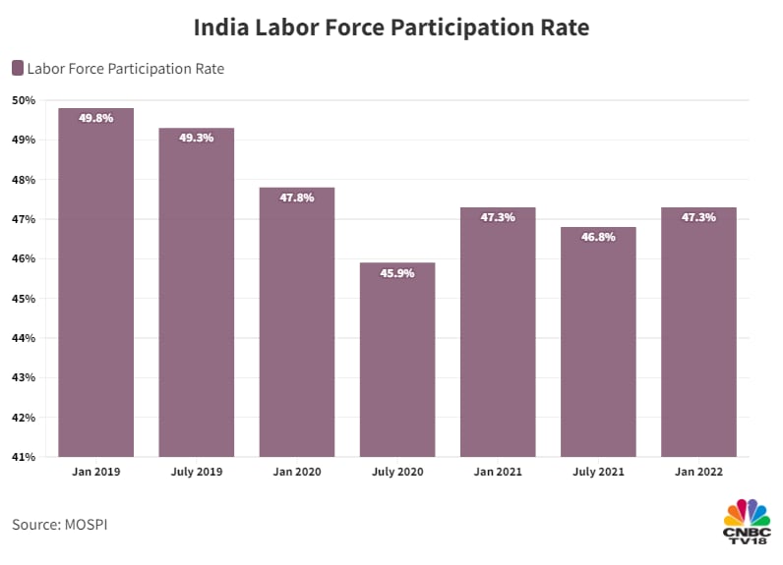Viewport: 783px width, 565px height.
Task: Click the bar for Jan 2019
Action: click(x=96, y=285)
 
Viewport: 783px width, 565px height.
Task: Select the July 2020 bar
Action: click(x=397, y=364)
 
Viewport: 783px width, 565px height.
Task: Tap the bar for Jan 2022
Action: click(x=698, y=334)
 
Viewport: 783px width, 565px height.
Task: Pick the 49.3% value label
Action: click(x=197, y=139)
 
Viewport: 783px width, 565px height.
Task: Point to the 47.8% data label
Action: click(x=297, y=198)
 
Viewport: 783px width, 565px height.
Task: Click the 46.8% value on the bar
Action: click(x=598, y=237)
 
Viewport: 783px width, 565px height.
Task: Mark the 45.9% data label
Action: click(x=397, y=273)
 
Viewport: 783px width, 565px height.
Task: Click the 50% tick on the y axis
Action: click(x=24, y=100)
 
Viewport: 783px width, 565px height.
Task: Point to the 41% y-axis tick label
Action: click(x=24, y=457)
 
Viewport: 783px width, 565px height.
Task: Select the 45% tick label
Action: click(x=24, y=299)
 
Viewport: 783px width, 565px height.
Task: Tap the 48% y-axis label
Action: click(x=24, y=180)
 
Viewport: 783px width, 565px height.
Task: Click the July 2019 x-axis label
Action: click(x=197, y=473)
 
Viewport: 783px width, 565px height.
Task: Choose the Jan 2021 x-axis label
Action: click(x=498, y=473)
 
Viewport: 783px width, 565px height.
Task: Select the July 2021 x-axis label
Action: click(x=598, y=473)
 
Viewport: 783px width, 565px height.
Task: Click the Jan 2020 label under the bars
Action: click(x=297, y=473)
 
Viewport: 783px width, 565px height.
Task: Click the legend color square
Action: click(x=18, y=68)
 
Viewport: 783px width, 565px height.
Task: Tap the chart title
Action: click(x=391, y=28)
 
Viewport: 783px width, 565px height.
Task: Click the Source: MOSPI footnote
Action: click(x=59, y=525)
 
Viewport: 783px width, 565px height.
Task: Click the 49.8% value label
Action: click(x=96, y=118)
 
